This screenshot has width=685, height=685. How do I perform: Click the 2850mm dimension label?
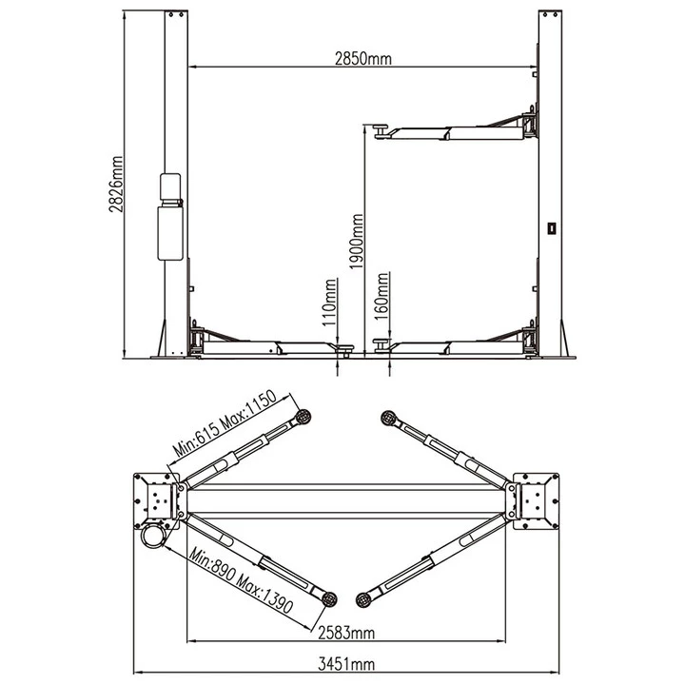point(363,59)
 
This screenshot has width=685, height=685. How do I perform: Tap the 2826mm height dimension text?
point(116,184)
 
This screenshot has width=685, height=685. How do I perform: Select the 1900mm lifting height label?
point(357,241)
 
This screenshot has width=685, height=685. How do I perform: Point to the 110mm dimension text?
point(329,303)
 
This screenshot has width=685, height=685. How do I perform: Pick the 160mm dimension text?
point(382,296)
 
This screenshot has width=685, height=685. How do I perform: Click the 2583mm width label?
point(346,633)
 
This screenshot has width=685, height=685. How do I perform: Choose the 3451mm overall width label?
point(346,664)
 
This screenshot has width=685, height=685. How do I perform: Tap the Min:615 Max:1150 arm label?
point(225,423)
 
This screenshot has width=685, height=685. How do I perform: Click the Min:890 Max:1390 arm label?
point(241,580)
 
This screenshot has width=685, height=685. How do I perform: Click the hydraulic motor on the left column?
point(170,217)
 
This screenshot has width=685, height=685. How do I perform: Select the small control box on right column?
point(552,228)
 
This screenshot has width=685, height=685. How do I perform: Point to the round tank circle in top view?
point(153,535)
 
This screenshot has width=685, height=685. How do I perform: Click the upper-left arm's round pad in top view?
point(303,417)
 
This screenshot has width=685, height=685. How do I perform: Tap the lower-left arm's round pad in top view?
point(329,598)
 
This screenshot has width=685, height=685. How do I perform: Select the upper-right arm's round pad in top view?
point(388,418)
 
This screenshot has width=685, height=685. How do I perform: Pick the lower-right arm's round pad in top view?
point(363,599)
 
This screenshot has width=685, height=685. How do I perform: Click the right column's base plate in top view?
point(536,501)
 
